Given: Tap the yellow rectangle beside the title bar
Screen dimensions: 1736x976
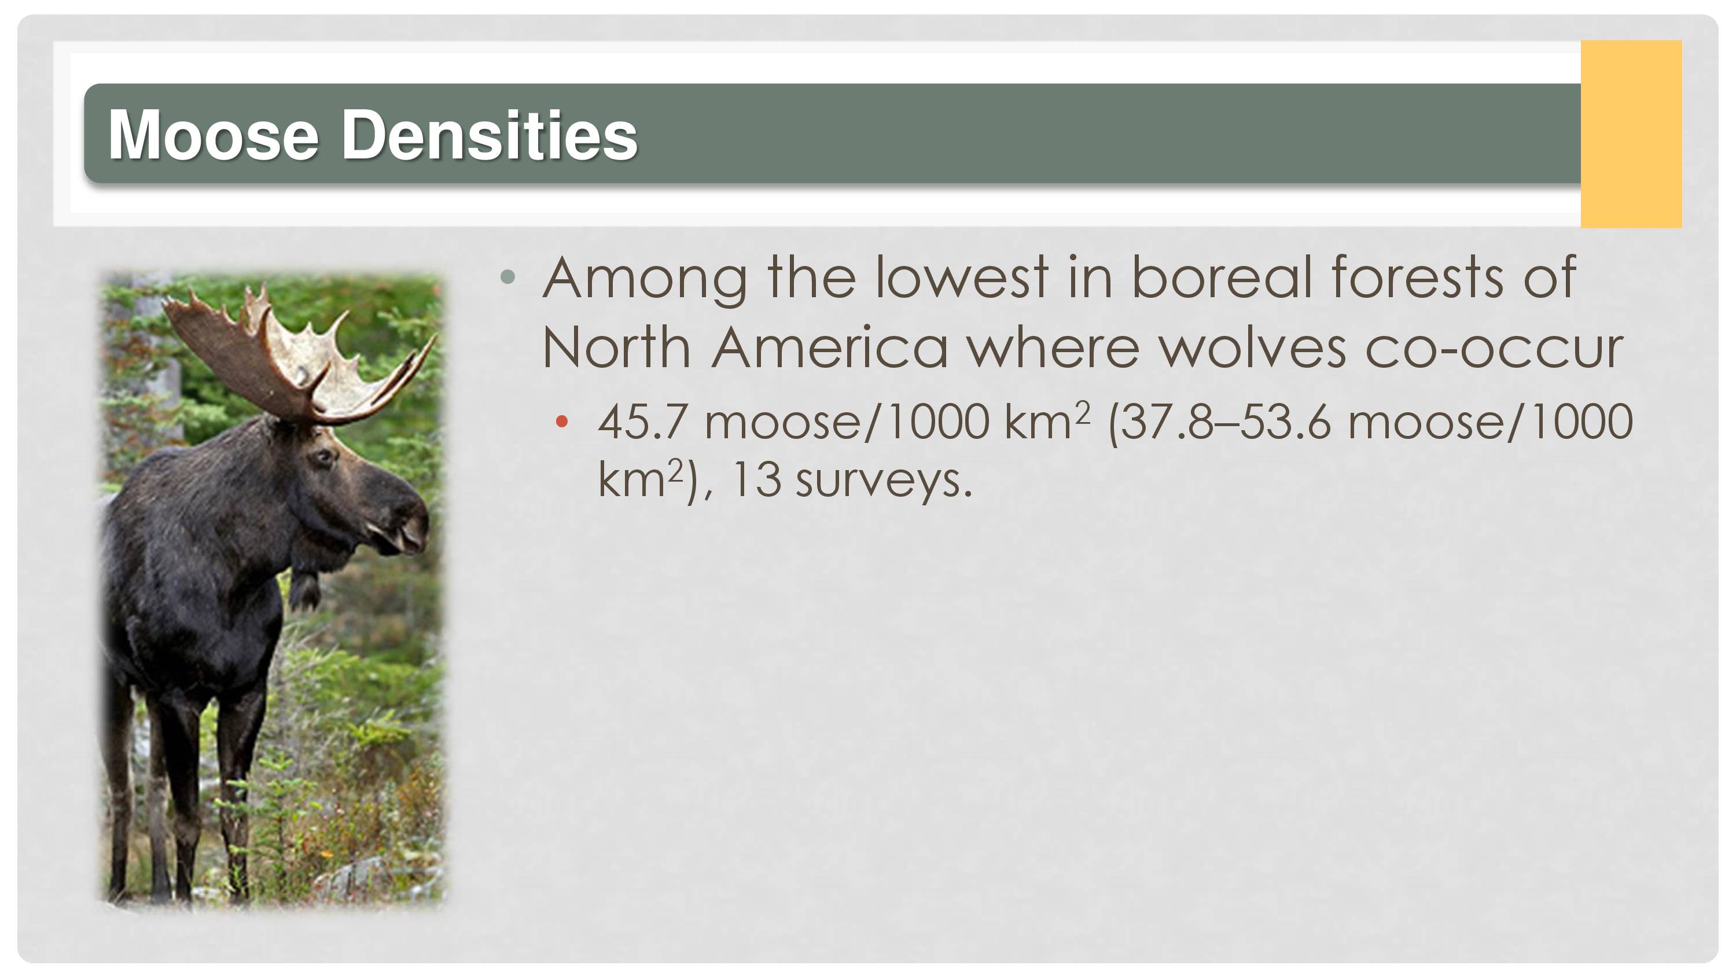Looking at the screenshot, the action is point(1631,134).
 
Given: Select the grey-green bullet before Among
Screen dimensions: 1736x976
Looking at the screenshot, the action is point(508,276).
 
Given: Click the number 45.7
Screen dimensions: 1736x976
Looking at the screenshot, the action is point(642,422).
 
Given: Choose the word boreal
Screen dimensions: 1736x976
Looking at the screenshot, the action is point(1222,277).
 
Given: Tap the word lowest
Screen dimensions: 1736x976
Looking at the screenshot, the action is point(962,277).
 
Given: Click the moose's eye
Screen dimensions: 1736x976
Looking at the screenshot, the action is point(325,457).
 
